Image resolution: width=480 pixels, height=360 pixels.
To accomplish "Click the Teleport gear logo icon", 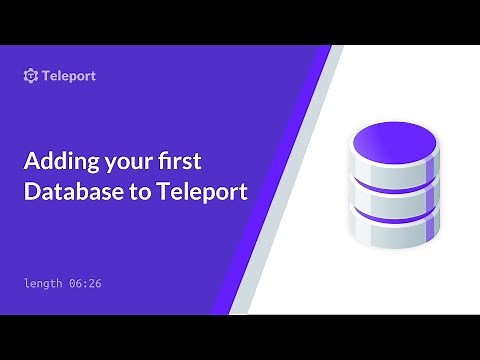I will (x=31, y=76).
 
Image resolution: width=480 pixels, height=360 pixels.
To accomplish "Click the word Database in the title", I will (x=68, y=192).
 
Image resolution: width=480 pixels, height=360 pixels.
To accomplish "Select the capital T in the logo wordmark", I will (x=48, y=76).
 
